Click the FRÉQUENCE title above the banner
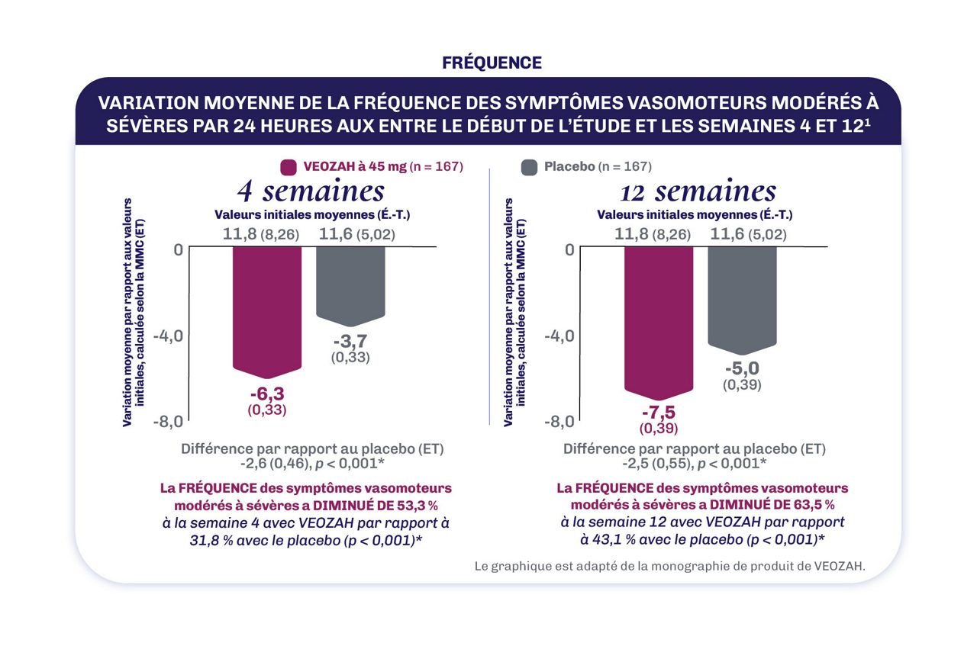pos(492,63)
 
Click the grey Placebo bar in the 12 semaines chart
pos(742,297)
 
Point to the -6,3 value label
pos(266,394)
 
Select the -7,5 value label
pos(659,412)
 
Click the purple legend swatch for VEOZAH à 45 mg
pos(289,167)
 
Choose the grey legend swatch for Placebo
pos(528,167)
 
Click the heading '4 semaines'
pos(310,189)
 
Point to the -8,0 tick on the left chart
pos(167,421)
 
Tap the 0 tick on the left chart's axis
pos(177,250)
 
